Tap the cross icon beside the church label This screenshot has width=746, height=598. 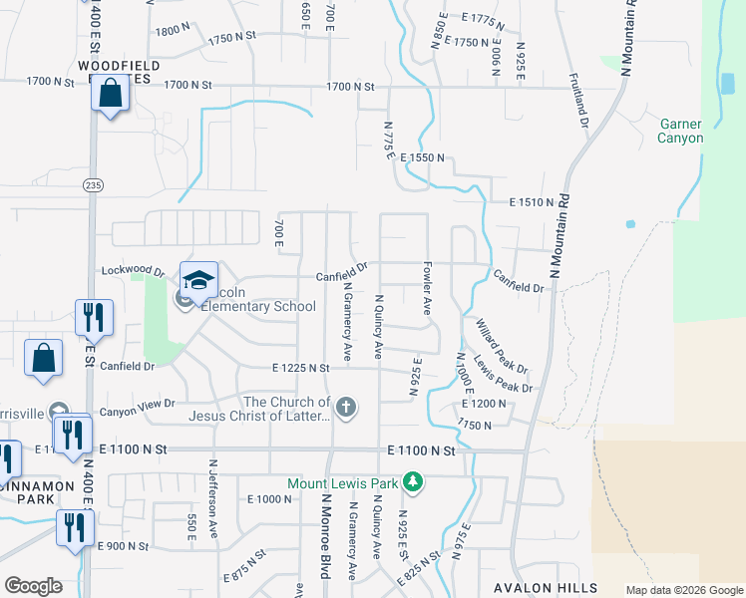(x=346, y=407)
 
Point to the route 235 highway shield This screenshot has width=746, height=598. (x=93, y=185)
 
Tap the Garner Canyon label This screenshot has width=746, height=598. (x=681, y=132)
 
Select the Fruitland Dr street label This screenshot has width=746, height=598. (x=579, y=100)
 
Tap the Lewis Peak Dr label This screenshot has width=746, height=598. (x=503, y=373)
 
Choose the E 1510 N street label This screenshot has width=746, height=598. (x=531, y=202)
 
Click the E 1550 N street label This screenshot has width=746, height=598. (x=422, y=158)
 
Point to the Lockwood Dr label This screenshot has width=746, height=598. (x=133, y=270)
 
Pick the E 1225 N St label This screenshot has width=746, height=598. (x=287, y=368)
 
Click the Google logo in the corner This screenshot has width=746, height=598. (x=33, y=586)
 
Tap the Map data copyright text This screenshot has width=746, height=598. (x=683, y=590)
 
